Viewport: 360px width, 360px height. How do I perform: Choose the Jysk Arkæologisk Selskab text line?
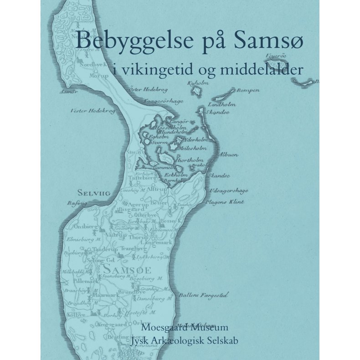[185, 339]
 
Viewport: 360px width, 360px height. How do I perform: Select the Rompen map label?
[248, 90]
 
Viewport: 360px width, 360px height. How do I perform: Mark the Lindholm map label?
[222, 105]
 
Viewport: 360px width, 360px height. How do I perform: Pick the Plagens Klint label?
[225, 201]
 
